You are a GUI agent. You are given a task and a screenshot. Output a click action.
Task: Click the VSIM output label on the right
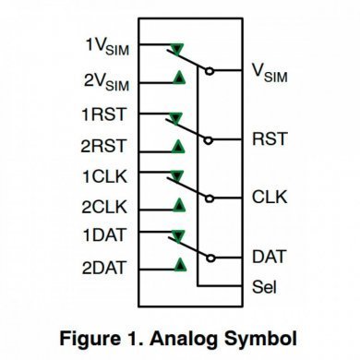point(269,72)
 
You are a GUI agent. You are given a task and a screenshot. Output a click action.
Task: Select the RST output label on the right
point(269,139)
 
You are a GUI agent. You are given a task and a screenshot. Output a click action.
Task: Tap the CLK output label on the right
point(269,198)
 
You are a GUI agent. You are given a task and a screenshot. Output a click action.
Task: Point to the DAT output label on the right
point(269,256)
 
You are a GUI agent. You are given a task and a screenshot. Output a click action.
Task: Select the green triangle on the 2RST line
point(177,145)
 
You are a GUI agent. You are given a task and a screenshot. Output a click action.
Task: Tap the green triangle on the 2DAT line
point(177,265)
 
